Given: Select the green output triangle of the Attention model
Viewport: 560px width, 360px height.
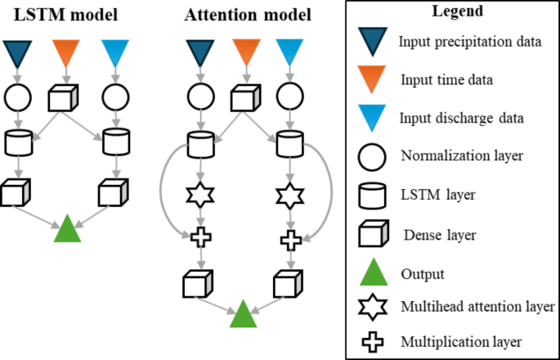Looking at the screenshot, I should (x=243, y=316).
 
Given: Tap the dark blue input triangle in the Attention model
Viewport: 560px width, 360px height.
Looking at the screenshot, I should (x=197, y=53).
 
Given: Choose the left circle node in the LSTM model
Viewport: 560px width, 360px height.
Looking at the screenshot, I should (x=18, y=97).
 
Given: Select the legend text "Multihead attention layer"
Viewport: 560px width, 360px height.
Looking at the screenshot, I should (x=477, y=307).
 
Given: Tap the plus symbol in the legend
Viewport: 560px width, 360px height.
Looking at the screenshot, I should (x=372, y=340).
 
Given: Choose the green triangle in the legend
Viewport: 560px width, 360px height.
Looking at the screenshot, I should (x=372, y=272).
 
